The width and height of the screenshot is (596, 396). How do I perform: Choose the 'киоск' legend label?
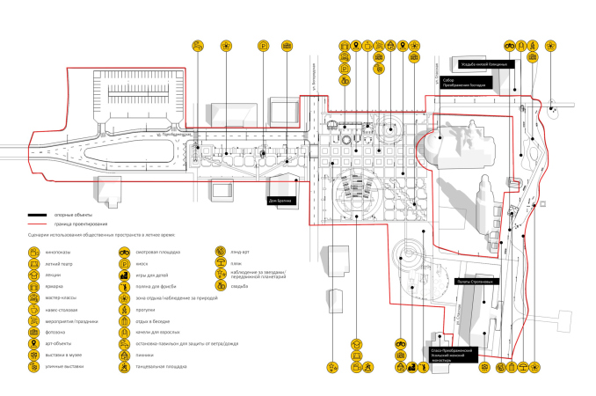141,263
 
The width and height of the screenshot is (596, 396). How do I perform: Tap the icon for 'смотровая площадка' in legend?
126,252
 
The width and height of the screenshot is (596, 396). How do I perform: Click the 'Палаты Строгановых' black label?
476,282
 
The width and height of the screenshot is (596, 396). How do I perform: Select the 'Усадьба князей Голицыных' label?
484,63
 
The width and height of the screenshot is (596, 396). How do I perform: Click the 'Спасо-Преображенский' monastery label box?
452,354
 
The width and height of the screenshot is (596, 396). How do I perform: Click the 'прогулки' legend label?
145,309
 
